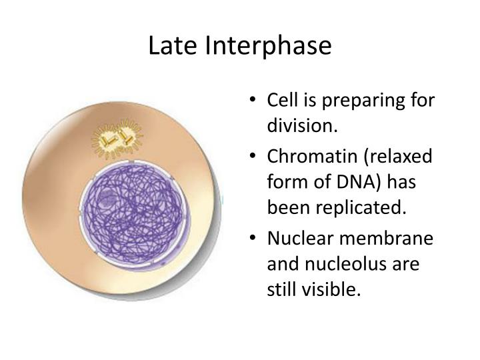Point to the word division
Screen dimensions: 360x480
pos(300,125)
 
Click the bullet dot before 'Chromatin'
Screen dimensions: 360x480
pos(255,157)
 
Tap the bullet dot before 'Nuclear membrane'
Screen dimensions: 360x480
pos(255,239)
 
